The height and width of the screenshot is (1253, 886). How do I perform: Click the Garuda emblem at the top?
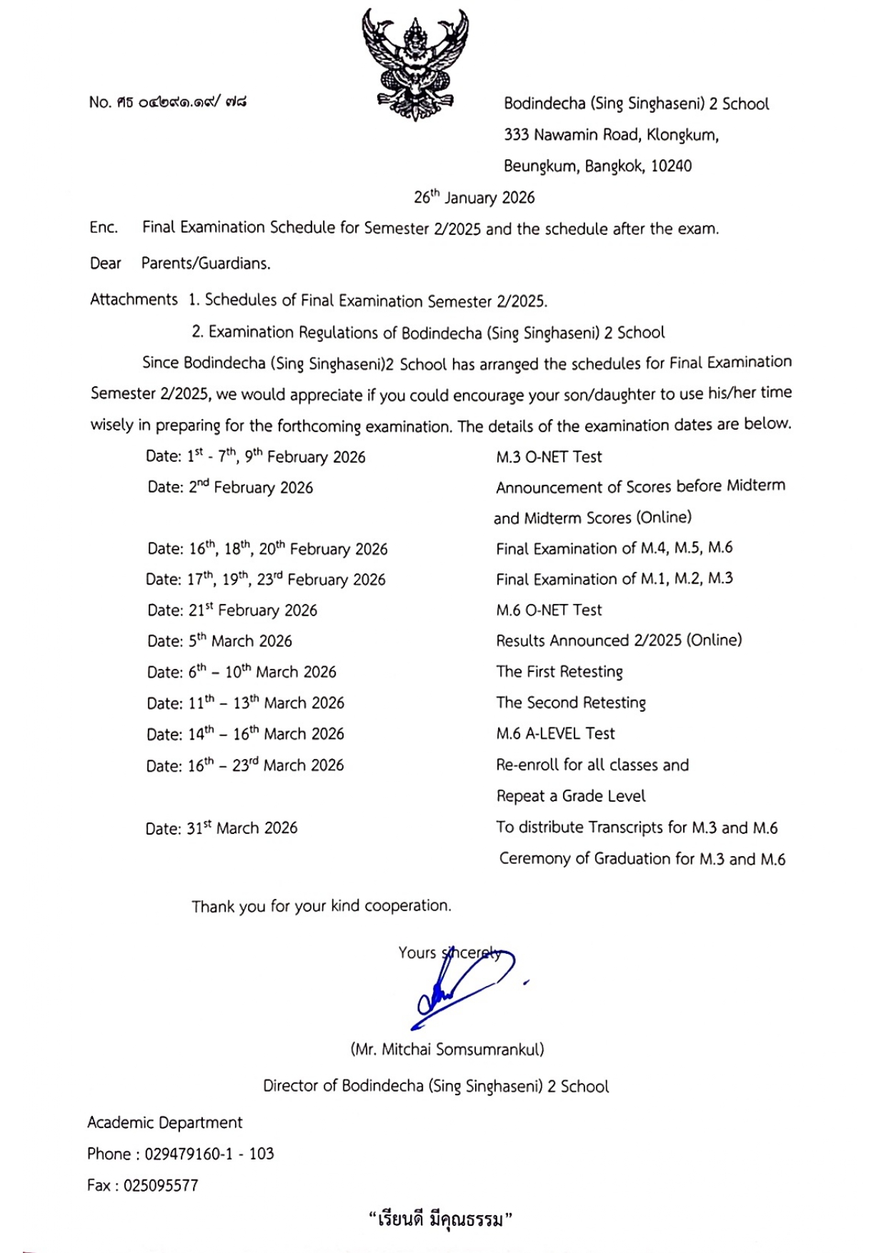point(415,64)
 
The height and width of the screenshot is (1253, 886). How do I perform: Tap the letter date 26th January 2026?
point(474,198)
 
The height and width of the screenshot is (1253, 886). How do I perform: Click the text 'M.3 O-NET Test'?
point(549,457)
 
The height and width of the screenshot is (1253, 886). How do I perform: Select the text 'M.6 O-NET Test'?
point(549,610)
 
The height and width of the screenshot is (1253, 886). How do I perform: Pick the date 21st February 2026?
point(253,610)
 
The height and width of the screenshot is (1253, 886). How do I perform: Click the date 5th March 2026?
point(240,641)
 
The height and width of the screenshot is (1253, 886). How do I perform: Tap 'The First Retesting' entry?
point(559,672)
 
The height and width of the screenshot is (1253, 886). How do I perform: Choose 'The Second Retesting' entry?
point(571,703)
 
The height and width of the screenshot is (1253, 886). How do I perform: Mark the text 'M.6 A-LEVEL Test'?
point(555,734)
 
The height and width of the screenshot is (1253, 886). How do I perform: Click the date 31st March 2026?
point(242,828)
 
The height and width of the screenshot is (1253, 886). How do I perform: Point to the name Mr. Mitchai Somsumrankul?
point(447,1050)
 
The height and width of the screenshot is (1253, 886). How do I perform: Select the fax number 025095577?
point(161,1186)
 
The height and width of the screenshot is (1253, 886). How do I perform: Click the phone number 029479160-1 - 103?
point(209,1154)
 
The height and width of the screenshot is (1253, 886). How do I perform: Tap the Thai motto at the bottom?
point(441,1219)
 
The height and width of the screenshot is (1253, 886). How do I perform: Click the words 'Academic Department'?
point(165,1122)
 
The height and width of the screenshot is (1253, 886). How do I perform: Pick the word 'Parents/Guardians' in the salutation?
point(206,263)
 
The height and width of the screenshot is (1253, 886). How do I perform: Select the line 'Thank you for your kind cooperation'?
point(322,906)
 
